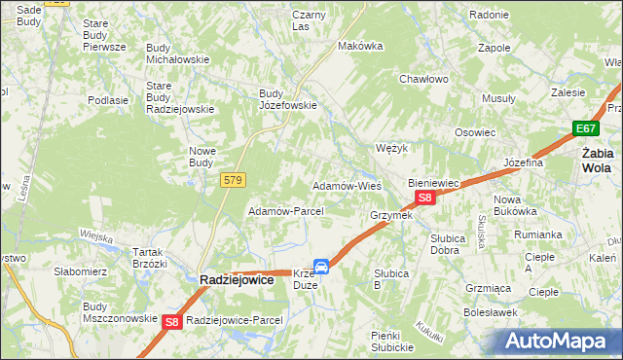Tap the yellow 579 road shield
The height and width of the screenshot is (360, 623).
click(233, 180)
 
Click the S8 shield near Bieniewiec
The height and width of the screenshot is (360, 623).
click(424, 198)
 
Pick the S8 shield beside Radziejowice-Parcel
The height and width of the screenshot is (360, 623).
click(172, 321)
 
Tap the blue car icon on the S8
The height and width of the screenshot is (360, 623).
click(320, 266)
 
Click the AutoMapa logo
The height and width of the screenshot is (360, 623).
click(556, 342)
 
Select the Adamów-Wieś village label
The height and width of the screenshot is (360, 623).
click(346, 185)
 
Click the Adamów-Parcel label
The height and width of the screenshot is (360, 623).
click(279, 211)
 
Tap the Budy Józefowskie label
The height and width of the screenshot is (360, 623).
click(287, 99)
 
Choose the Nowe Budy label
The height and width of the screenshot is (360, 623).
click(208, 157)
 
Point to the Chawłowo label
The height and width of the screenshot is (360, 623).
click(422, 79)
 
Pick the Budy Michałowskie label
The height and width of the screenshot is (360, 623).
click(177, 53)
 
